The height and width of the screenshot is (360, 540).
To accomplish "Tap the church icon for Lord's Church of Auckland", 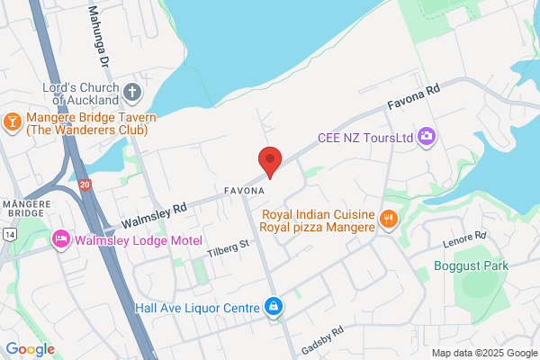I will (132, 92).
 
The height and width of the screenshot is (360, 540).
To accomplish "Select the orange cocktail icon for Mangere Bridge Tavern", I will (13, 120).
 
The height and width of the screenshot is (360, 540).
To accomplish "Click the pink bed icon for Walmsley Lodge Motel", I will (61, 238).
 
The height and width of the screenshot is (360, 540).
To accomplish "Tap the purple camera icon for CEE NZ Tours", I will (427, 138).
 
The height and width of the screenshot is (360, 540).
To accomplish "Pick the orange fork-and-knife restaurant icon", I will (388, 219).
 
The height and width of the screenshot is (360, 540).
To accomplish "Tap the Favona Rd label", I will (414, 97).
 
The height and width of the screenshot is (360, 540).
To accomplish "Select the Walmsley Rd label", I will (153, 213).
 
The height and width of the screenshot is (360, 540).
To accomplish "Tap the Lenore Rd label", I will (465, 238).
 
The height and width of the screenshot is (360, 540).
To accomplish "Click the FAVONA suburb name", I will (244, 192).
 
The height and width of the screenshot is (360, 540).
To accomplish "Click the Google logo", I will (30, 348).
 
